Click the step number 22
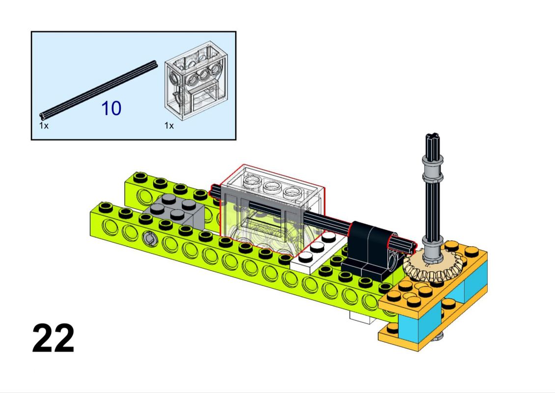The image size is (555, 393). tap(54, 338)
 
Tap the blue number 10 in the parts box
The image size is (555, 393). tap(111, 109)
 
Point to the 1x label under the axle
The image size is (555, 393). tap(44, 126)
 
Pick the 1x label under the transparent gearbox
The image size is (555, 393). tap(169, 126)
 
